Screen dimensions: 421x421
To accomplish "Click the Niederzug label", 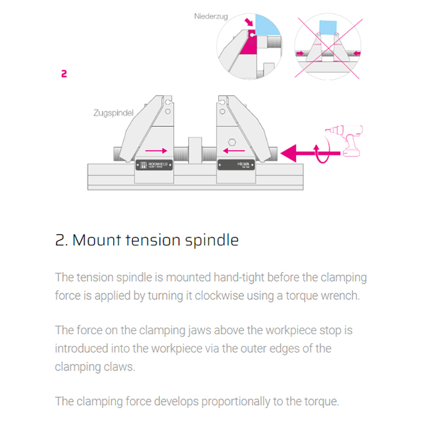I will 210,16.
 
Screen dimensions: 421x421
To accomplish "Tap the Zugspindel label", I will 113,113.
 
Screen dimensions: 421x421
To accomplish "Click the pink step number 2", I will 64,74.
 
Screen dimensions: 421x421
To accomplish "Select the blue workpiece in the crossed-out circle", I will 327,29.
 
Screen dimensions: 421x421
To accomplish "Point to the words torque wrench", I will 322,295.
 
